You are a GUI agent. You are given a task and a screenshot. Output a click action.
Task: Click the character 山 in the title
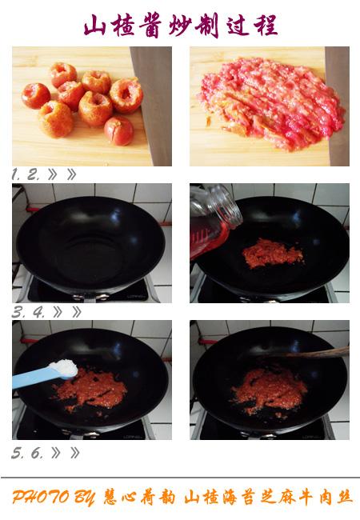click(94, 26)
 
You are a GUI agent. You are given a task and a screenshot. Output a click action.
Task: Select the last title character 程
click(266, 26)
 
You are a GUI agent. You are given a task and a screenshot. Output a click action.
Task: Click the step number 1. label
click(16, 174)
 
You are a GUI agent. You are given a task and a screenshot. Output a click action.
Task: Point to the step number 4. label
click(38, 312)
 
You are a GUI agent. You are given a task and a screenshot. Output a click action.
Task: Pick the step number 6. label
click(37, 453)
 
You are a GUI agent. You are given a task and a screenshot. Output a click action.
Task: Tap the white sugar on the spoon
click(64, 368)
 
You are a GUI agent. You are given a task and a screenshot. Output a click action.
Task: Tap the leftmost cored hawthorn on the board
click(36, 95)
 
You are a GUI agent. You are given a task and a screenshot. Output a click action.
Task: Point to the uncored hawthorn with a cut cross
click(118, 130)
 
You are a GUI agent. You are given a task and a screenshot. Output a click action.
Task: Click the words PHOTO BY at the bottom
click(54, 498)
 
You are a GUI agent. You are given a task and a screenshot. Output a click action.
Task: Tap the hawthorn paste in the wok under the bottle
click(273, 253)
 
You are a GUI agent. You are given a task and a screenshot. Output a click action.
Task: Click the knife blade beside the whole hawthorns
click(152, 106)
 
